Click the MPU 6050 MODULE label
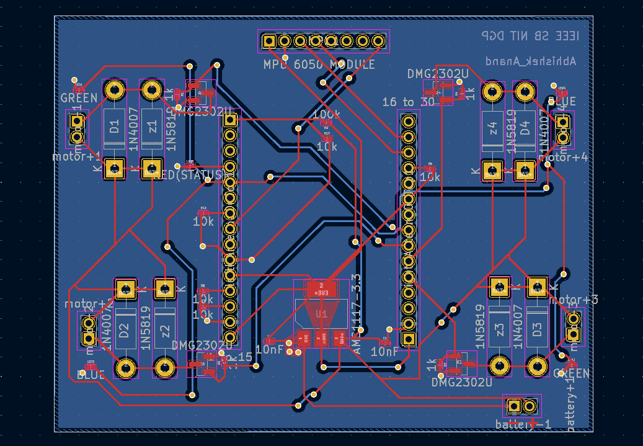[x=319, y=65]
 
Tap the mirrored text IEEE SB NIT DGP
[x=530, y=36]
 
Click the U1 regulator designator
[x=321, y=314]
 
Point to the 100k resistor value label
[x=327, y=115]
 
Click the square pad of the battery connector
[x=514, y=406]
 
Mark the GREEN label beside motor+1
[x=79, y=98]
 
